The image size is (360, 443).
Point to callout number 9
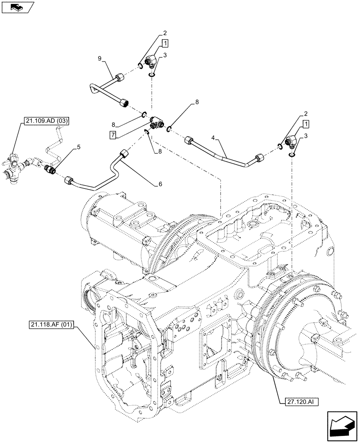point(100,58)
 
